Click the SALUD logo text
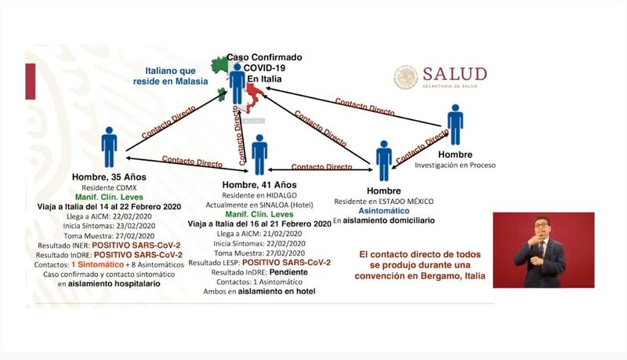coord(455,75)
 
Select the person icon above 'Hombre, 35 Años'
coord(109,147)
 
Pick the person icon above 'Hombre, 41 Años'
coord(259,154)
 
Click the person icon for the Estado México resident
coord(383,161)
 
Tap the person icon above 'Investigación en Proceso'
coord(455,125)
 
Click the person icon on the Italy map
coord(237,81)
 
